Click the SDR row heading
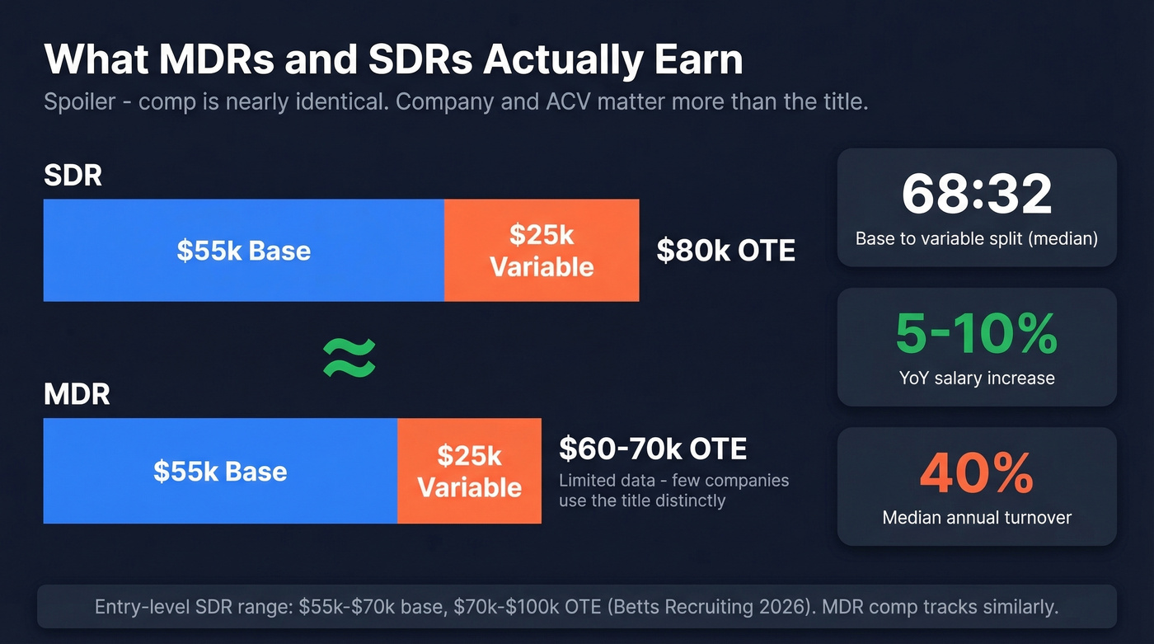[x=73, y=175]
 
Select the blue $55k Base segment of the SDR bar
[x=243, y=250]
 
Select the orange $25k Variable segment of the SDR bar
[x=542, y=250]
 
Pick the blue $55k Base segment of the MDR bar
[x=220, y=471]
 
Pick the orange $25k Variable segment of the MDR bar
[x=469, y=471]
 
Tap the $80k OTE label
[x=725, y=250]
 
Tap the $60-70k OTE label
[x=653, y=449]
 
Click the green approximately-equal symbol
[x=349, y=357]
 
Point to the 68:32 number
[x=977, y=195]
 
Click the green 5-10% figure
[x=977, y=333]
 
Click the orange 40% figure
[x=977, y=472]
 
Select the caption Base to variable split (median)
[x=977, y=239]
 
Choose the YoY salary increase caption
[x=977, y=378]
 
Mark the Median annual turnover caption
[x=977, y=518]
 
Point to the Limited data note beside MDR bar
[x=673, y=490]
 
